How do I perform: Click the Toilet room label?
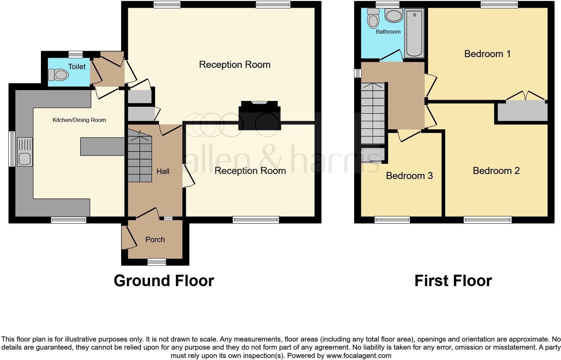click(x=77, y=67)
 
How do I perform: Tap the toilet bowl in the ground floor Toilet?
click(x=58, y=75)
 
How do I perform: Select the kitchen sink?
click(x=25, y=152)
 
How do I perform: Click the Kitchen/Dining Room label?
click(x=79, y=120)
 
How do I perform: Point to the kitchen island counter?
click(x=102, y=146)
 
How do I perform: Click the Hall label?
click(x=163, y=172)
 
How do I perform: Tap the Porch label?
click(x=155, y=240)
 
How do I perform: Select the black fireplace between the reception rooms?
click(x=259, y=116)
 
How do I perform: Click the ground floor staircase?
click(x=140, y=155)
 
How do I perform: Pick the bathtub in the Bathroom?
click(x=414, y=33)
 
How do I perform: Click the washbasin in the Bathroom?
click(x=394, y=15)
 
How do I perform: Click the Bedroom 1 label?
click(x=488, y=54)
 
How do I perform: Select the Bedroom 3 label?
click(x=409, y=176)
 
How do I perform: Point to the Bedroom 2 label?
click(x=496, y=171)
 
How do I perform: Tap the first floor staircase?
click(x=373, y=114)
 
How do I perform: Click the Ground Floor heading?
click(x=164, y=280)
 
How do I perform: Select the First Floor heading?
click(x=453, y=280)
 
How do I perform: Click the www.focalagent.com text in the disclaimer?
click(x=359, y=356)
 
